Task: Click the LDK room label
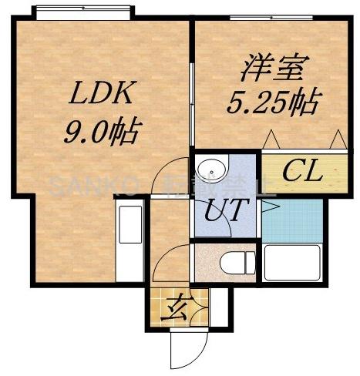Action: coord(102,96)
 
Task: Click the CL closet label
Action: coord(301,172)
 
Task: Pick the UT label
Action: coord(226,208)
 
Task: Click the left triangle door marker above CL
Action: coord(273,139)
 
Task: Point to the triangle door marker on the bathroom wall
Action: coord(267,206)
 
